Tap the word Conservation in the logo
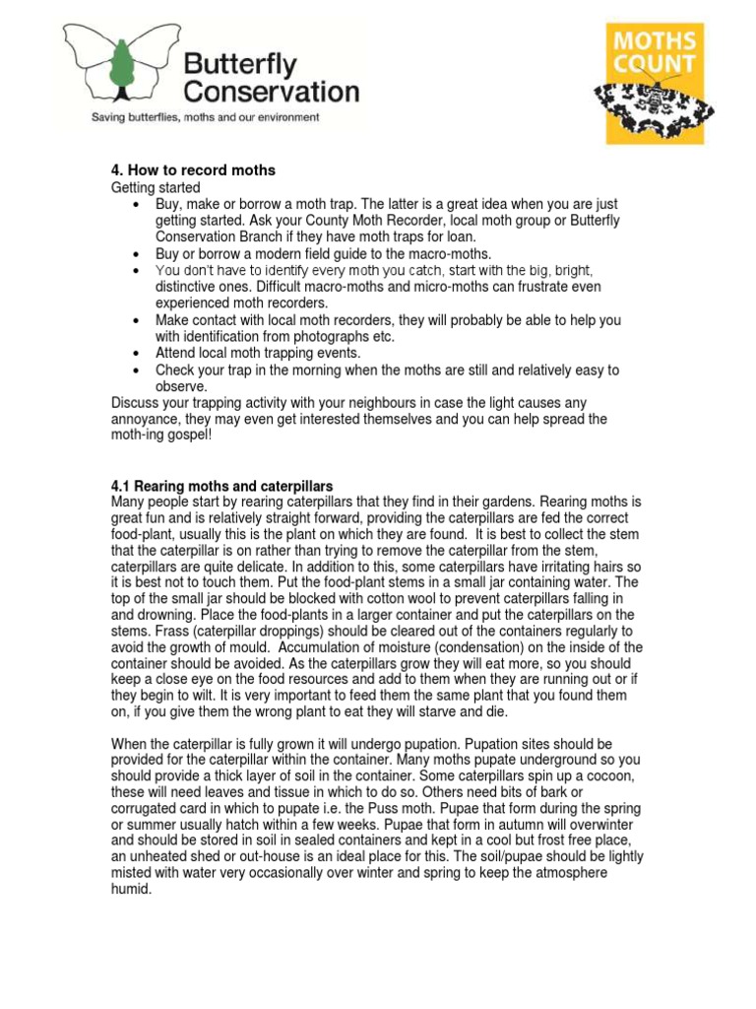(x=272, y=93)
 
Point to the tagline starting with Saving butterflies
(x=205, y=117)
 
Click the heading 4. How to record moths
(x=193, y=170)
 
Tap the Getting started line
(x=156, y=187)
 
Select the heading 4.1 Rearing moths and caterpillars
(x=221, y=486)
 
